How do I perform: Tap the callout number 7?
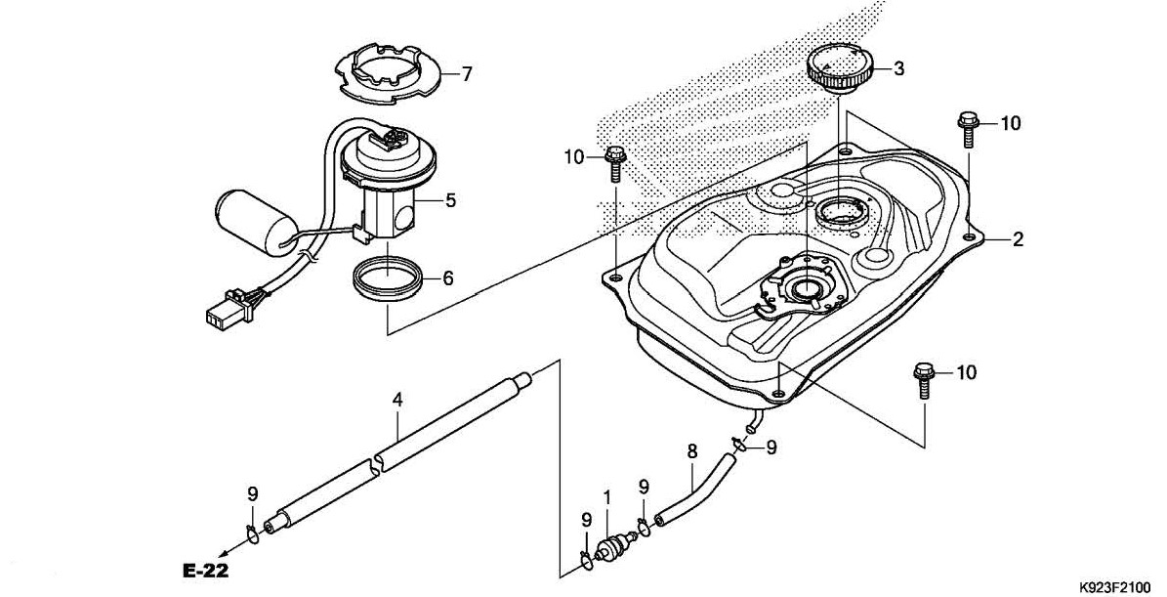[x=467, y=73]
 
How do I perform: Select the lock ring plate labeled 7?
[x=388, y=73]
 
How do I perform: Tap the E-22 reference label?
[x=205, y=571]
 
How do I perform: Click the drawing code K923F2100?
[x=1121, y=586]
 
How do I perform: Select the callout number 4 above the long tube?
[x=397, y=401]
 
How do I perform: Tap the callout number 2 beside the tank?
[x=1018, y=239]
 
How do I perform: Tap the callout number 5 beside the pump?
[x=450, y=200]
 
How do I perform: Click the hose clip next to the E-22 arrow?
[x=252, y=532]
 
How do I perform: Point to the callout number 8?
[x=691, y=451]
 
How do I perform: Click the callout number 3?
[x=899, y=69]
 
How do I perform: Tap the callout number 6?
[x=447, y=278]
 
